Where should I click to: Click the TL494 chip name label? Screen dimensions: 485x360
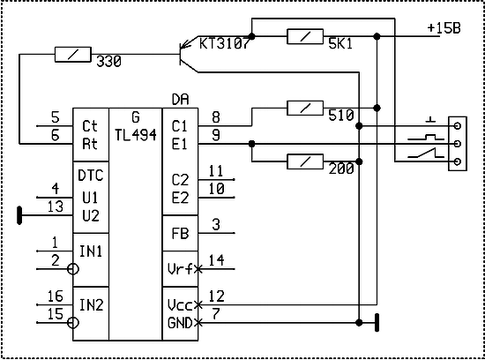coord(136,135)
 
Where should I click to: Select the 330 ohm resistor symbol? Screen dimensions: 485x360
coord(73,55)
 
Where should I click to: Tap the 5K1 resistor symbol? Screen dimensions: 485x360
coord(305,36)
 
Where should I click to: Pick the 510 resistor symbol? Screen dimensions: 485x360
coord(305,108)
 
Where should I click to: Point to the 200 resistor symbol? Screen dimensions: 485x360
coord(305,161)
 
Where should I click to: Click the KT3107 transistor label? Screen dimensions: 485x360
coord(224,43)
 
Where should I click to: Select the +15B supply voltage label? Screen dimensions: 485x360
coord(444,28)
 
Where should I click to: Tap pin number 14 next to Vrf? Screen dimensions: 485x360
coord(216,260)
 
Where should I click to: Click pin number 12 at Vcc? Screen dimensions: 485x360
coord(216,296)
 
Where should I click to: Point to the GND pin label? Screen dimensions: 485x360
coord(180,323)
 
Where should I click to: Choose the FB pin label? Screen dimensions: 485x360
coord(180,234)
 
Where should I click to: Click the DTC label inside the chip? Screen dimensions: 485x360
coord(90,176)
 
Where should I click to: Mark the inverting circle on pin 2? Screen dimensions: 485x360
coord(73,269)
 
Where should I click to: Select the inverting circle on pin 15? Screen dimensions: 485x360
coord(73,323)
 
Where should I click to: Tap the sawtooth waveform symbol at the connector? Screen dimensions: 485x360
coord(426,153)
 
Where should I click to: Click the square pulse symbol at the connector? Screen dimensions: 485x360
coord(426,137)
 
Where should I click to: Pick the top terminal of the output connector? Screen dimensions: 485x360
coord(457,125)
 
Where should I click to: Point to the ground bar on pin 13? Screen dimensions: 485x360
coord(19,215)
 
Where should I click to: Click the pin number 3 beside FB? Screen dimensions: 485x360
coord(216,225)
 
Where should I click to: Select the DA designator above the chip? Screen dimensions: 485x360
coord(180,100)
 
